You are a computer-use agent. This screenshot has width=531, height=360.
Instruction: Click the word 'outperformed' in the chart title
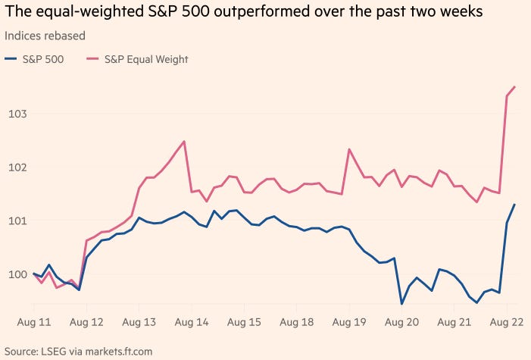[x=249, y=13]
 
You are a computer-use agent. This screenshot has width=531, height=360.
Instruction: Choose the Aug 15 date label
[x=244, y=322]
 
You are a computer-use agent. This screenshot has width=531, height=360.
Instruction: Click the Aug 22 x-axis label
[x=507, y=322]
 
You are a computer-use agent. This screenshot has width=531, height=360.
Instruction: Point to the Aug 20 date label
[x=401, y=322]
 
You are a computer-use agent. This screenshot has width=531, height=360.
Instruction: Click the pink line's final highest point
[x=515, y=86]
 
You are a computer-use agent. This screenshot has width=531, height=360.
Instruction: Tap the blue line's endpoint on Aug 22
[x=515, y=205]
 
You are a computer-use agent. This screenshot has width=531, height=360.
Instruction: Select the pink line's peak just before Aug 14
[x=184, y=142]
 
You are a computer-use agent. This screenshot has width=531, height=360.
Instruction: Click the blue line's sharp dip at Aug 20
[x=401, y=303]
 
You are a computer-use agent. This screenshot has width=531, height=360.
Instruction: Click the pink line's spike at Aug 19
[x=349, y=149]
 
